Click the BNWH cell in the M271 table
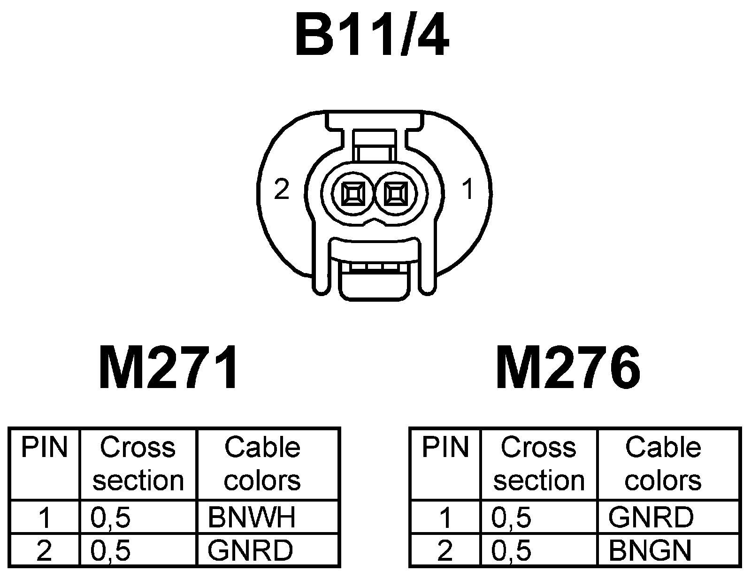(252, 517)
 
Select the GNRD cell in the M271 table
(250, 550)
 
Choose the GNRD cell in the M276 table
(651, 517)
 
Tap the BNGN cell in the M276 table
(650, 550)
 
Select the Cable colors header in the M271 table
(262, 464)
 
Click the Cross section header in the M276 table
(539, 464)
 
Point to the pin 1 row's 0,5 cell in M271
(111, 517)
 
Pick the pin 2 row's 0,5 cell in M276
(512, 550)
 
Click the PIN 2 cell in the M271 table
(44, 550)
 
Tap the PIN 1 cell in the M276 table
(445, 517)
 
